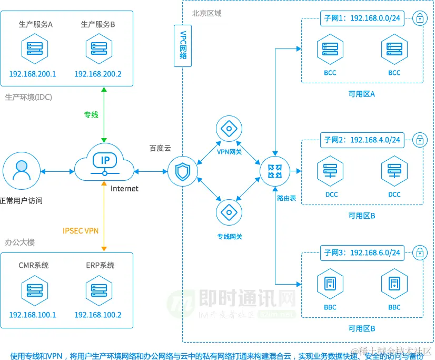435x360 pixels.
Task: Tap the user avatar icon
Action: (x=22, y=171)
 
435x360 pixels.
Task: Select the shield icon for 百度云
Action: (x=183, y=172)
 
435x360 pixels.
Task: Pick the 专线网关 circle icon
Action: (x=229, y=212)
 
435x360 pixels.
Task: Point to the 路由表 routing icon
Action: (x=274, y=171)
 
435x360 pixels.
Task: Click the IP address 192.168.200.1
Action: (x=33, y=74)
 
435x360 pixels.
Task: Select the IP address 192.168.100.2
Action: (x=98, y=315)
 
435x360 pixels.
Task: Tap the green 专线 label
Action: (x=91, y=114)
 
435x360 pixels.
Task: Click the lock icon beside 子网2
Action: (x=420, y=140)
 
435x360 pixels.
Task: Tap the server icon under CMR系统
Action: (x=33, y=290)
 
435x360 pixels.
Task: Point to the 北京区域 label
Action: (x=206, y=13)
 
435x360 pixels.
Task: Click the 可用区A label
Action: (x=362, y=94)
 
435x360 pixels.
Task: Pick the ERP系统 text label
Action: (x=100, y=265)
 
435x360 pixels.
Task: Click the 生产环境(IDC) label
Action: (x=28, y=97)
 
